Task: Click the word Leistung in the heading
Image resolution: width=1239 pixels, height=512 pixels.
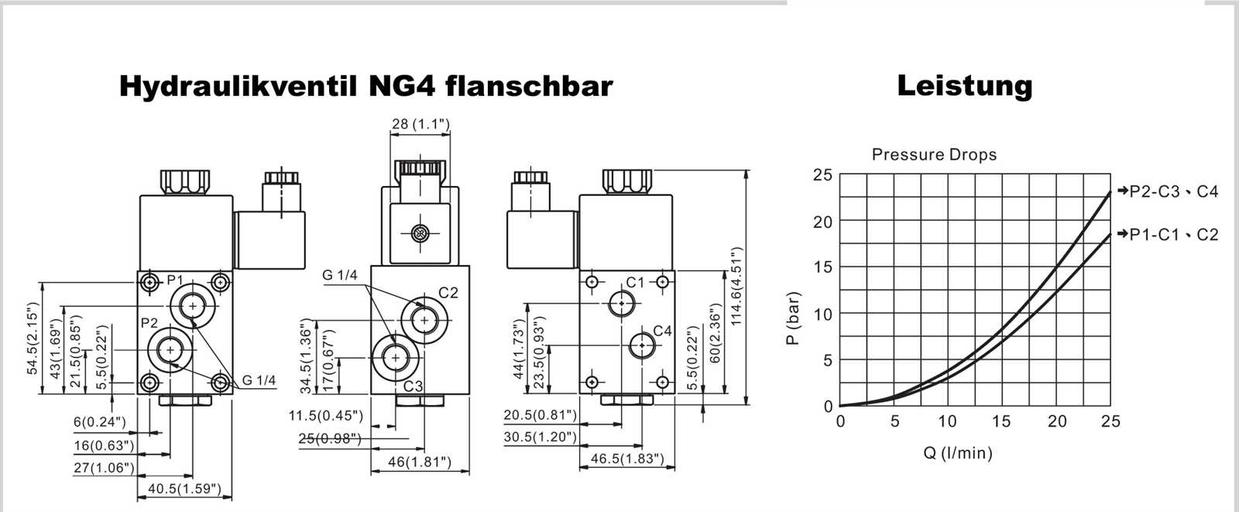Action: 964,85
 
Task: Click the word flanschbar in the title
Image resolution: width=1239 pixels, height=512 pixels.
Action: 529,85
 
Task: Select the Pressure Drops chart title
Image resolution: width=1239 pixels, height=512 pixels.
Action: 934,154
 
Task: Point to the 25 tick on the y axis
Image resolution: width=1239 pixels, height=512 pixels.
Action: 822,175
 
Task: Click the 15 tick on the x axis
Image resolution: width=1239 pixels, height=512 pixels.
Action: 1001,421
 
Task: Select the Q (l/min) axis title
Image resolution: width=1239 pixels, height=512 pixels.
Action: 957,453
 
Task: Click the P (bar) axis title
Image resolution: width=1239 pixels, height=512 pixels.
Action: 793,318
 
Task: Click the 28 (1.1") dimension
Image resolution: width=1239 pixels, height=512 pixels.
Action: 420,124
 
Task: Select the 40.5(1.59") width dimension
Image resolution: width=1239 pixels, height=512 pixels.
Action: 184,489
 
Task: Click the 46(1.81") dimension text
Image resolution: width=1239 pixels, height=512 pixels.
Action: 419,462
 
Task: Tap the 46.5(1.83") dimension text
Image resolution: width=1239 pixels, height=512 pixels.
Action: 627,459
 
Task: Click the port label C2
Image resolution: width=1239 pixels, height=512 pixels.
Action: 448,293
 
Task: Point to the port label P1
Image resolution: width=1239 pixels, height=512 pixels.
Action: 175,280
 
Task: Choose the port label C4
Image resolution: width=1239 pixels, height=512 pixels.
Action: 662,331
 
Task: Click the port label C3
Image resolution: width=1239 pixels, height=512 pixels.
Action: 414,386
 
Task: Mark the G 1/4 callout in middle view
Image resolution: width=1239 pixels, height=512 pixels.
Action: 340,275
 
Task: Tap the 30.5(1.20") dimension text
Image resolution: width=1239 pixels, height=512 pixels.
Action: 541,437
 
